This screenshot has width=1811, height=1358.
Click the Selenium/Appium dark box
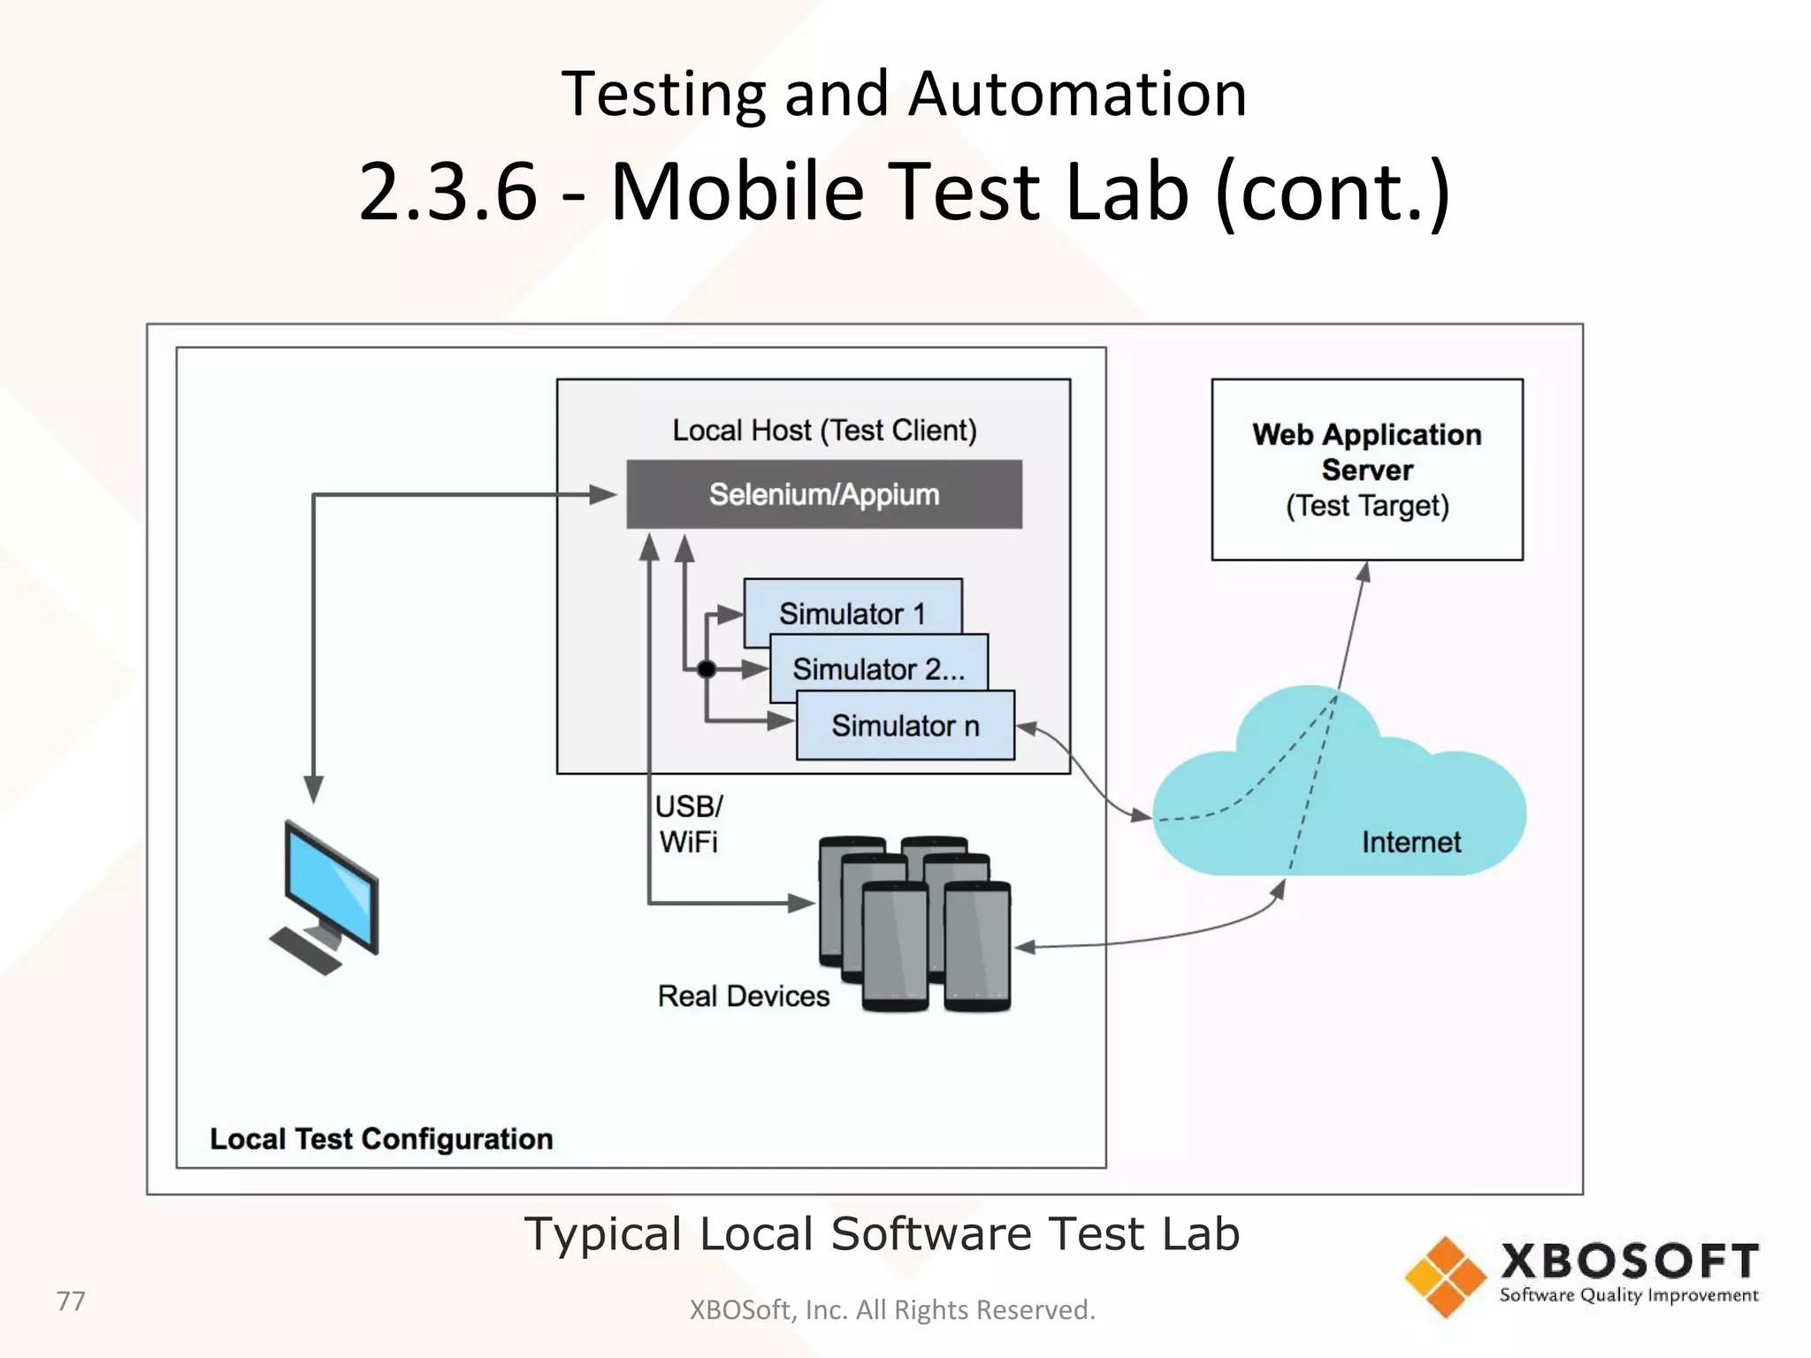pos(823,494)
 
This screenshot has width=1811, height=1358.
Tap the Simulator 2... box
pos(878,668)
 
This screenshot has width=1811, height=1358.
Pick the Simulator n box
pos(905,726)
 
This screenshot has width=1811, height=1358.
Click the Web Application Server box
pos(1366,469)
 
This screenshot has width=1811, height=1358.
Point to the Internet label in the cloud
pos(1410,842)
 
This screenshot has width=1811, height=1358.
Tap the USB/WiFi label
pos(688,824)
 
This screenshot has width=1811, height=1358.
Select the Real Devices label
pos(743,996)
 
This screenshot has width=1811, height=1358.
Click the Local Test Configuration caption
pos(381,1139)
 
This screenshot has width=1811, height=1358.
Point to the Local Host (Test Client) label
pos(824,431)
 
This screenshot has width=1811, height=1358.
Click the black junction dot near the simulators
pos(706,669)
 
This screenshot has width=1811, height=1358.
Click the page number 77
pos(71,1301)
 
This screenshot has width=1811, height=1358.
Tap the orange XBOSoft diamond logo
pos(1445,1277)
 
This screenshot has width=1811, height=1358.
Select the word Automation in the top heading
pos(1077,94)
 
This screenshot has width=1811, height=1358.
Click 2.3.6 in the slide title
pos(448,191)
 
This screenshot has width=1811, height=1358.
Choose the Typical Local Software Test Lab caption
pos(882,1233)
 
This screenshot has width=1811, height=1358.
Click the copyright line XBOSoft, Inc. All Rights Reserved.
pos(891,1309)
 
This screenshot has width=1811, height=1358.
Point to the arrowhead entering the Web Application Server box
pos(1365,572)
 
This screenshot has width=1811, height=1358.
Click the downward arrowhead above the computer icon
pos(314,789)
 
